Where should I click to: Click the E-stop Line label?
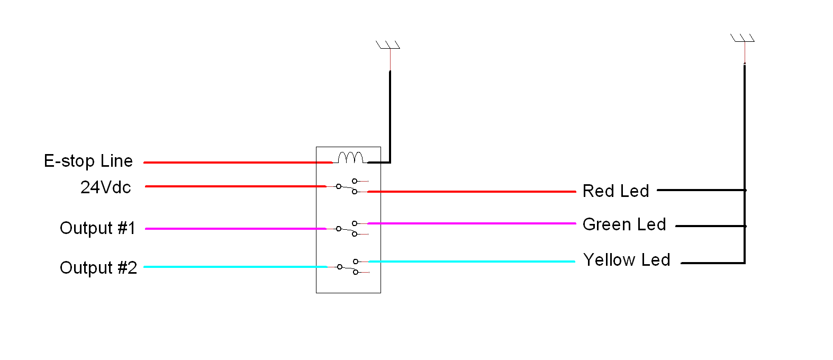pos(88,161)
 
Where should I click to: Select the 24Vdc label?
pos(106,187)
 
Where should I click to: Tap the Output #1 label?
pos(97,228)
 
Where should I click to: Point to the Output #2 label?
pos(98,268)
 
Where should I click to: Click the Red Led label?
pos(616,191)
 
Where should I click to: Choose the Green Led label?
pos(624,224)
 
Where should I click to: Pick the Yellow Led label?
pos(627,259)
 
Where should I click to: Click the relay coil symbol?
pos(350,158)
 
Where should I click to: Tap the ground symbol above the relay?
pos(388,45)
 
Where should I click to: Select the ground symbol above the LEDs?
pos(743,38)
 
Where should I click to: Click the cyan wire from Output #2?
pos(236,267)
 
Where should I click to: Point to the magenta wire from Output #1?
pos(236,229)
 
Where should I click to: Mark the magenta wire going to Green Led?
pos(472,223)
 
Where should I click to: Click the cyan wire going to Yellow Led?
pos(472,262)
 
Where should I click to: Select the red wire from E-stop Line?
pos(238,163)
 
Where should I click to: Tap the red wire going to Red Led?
pos(472,192)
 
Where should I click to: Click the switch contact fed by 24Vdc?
pos(347,186)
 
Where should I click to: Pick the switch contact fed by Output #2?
pos(348,267)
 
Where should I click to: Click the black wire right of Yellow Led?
pos(713,263)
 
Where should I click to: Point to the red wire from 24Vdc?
pos(236,186)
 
